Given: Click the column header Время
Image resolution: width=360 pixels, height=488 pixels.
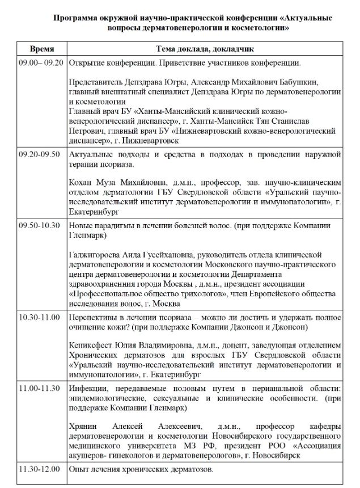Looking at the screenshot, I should click(x=42, y=49).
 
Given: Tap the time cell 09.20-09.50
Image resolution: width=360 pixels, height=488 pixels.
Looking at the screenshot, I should click(x=40, y=155).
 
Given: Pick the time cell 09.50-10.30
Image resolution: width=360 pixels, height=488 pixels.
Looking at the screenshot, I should click(x=40, y=226).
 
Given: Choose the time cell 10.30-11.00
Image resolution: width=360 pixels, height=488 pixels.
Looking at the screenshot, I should click(x=40, y=316).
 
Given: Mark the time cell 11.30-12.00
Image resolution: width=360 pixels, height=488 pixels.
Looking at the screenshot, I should click(x=40, y=470).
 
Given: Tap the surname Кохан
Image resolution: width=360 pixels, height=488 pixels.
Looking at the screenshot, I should click(x=81, y=183).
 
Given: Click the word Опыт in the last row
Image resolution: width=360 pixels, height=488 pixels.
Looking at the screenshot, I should click(x=78, y=470).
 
